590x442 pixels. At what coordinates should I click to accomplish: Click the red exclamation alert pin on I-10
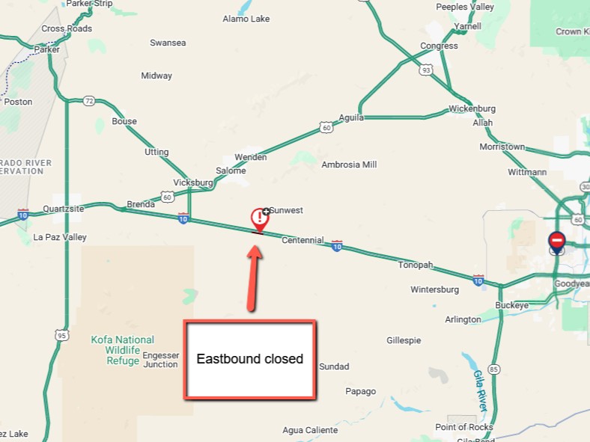[x=259, y=219]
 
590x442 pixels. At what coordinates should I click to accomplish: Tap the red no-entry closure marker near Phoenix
[x=556, y=241]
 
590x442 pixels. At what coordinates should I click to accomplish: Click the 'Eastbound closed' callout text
[x=249, y=359]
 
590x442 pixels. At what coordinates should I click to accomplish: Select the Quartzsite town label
[x=64, y=209]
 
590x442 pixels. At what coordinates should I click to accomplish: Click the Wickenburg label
[x=472, y=108]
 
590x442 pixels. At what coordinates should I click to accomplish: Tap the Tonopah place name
[x=416, y=265]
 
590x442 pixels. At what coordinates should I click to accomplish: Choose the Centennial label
[x=302, y=241]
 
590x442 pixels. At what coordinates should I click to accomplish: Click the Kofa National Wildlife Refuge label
[x=123, y=350]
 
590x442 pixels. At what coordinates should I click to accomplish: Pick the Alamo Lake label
[x=246, y=19]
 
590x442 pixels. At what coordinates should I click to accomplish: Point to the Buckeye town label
[x=512, y=305]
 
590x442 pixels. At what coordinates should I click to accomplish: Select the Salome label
[x=231, y=171]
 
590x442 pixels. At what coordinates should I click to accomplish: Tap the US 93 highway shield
[x=426, y=70]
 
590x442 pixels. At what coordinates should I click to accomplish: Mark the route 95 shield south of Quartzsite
[x=61, y=335]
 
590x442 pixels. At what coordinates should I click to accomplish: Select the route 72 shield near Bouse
[x=89, y=100]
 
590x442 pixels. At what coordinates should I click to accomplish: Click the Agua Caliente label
[x=310, y=430]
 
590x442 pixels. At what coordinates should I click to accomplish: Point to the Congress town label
[x=439, y=46]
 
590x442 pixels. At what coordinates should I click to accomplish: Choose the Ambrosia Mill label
[x=349, y=165]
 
